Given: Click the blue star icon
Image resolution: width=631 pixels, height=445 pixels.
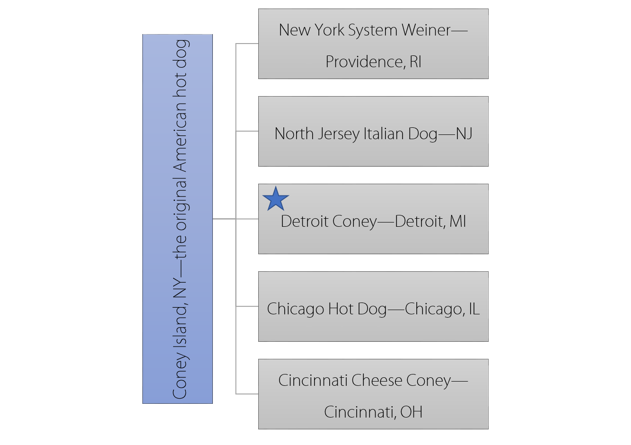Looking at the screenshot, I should tap(275, 199).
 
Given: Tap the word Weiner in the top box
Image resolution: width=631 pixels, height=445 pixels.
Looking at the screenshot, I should tap(426, 30).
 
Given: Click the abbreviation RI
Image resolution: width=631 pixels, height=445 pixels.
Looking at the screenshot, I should tap(415, 62).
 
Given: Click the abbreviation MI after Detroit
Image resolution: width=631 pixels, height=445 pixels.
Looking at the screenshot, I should tap(457, 222).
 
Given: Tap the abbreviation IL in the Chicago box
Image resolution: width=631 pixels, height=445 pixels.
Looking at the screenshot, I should tap(473, 309).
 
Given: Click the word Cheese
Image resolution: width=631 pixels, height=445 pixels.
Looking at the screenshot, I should tap(377, 381).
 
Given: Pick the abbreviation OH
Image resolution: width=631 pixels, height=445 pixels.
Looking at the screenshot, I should tap(411, 412).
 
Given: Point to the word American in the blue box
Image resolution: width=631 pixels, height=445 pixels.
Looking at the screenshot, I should tap(180, 142).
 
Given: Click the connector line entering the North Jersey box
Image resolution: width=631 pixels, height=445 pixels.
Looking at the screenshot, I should tap(247, 131).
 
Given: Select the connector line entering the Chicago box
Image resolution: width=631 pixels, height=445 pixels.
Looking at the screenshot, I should tap(247, 306).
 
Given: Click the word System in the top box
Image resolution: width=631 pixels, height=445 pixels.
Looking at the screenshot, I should tap(368, 30).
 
